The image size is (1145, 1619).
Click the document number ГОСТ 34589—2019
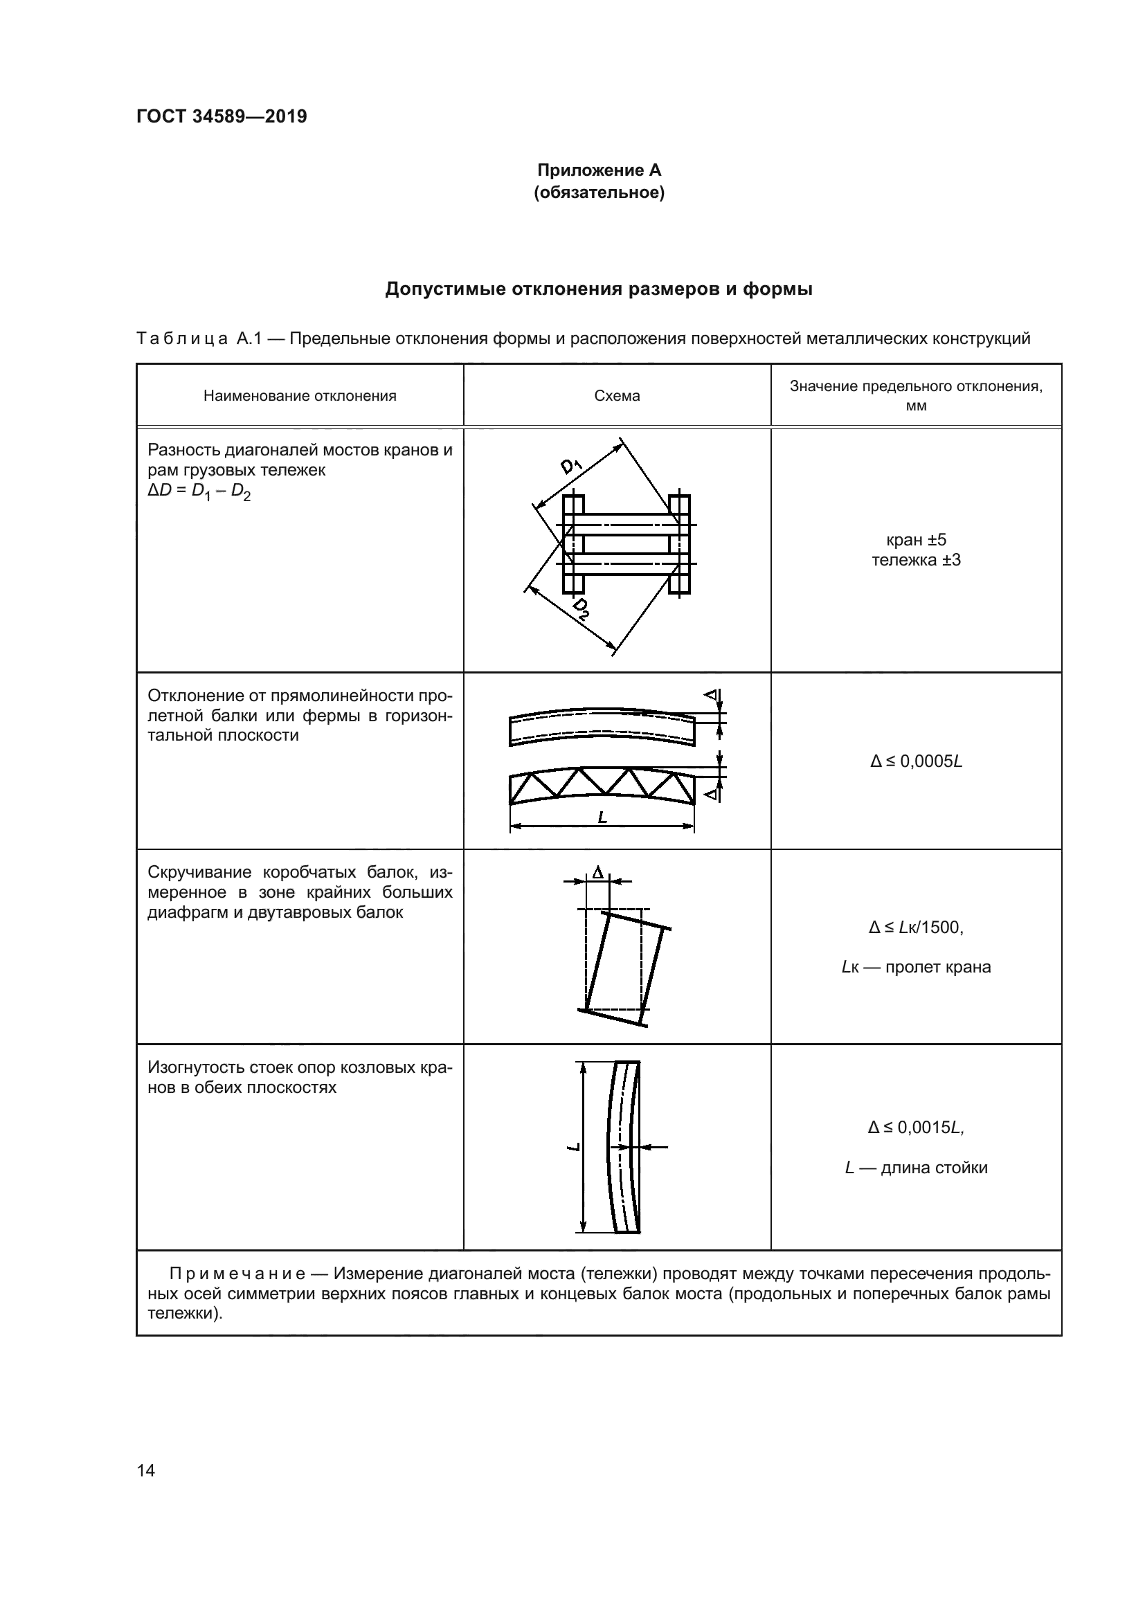(x=222, y=116)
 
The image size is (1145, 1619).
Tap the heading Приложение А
(x=599, y=170)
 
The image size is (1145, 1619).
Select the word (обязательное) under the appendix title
(x=599, y=192)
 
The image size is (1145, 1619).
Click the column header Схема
(x=617, y=396)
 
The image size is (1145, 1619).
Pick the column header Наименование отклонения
(x=300, y=396)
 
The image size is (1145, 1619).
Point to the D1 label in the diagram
(x=570, y=466)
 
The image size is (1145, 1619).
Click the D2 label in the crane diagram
(x=581, y=608)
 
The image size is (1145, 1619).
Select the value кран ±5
(x=916, y=540)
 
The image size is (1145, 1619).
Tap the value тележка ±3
(x=916, y=561)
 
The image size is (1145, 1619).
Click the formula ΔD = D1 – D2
(x=199, y=491)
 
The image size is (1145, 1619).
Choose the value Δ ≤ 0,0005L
(x=916, y=761)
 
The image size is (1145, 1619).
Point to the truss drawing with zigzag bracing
(x=602, y=787)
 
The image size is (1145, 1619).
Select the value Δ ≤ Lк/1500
(x=916, y=928)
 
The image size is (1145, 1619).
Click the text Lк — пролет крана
(x=916, y=967)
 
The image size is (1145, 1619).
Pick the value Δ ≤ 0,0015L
(x=916, y=1128)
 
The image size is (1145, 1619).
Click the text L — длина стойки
(x=916, y=1168)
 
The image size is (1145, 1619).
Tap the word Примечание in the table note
(x=237, y=1274)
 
